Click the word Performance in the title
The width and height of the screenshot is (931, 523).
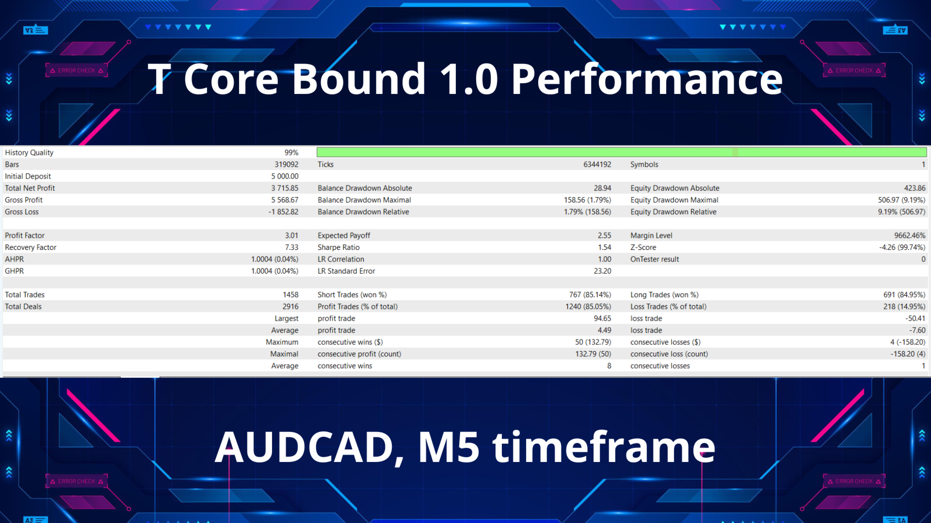pos(647,79)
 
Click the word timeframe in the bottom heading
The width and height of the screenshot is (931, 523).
pos(604,446)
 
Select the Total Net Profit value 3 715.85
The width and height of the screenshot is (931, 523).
pos(285,188)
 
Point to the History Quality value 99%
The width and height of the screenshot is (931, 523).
pos(291,153)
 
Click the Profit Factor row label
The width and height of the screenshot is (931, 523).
pos(25,235)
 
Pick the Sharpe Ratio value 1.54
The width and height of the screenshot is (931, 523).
pos(604,247)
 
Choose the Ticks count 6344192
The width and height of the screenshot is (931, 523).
pos(597,165)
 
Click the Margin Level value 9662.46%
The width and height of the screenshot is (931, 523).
pos(910,235)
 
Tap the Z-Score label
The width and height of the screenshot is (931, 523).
pos(643,247)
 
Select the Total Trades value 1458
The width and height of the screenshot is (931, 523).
pos(290,295)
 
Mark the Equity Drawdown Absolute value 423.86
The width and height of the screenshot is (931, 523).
pos(915,188)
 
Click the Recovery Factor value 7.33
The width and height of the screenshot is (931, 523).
pos(291,247)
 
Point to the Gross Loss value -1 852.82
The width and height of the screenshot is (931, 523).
pos(283,212)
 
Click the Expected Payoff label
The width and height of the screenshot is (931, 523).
pos(344,235)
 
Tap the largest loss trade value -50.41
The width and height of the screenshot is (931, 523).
pos(915,319)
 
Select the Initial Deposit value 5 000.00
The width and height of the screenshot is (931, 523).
pos(285,176)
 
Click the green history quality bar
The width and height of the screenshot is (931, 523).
pos(622,153)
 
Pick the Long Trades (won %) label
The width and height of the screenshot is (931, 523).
pos(664,295)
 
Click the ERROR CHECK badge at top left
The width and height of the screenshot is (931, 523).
pos(77,71)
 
